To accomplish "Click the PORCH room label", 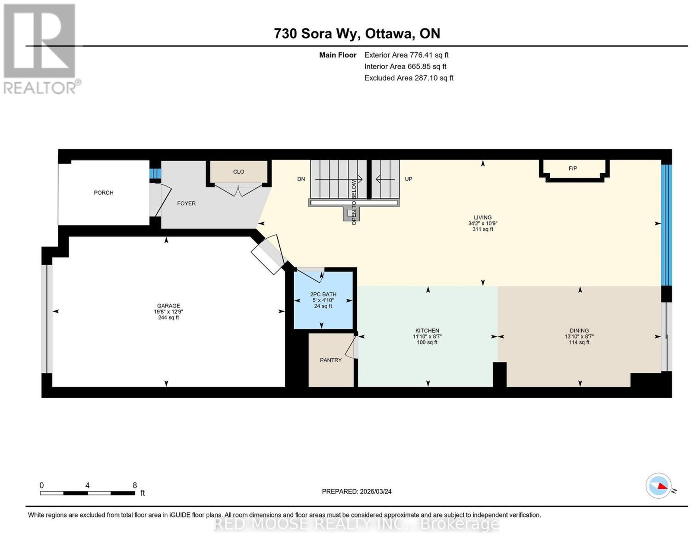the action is [x=103, y=193].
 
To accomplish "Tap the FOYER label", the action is [x=186, y=203].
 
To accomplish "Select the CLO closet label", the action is [x=238, y=172].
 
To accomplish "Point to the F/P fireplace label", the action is [x=573, y=168].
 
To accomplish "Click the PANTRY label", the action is [x=331, y=360].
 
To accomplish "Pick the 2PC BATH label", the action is [x=323, y=294].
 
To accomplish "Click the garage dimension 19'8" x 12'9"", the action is [x=168, y=312].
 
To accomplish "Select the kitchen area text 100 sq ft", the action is [x=427, y=342].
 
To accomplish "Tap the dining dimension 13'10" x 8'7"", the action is [x=579, y=336].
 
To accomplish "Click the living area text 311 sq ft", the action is [x=483, y=229].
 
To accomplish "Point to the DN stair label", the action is [x=301, y=179].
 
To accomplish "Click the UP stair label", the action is [x=408, y=179].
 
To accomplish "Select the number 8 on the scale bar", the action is [x=135, y=485].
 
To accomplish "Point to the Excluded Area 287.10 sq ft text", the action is [x=409, y=78].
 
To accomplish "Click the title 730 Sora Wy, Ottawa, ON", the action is [x=357, y=33].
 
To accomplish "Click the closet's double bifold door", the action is [x=238, y=190].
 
